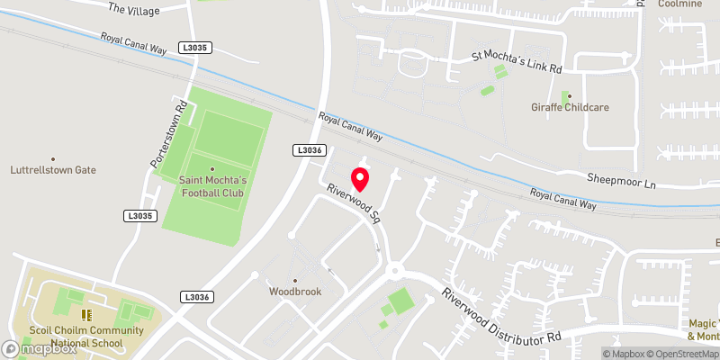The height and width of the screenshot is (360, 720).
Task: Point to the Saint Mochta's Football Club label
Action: (212, 185)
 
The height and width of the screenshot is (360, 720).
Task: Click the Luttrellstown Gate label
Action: (52, 170)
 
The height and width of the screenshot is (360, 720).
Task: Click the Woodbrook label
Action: (294, 292)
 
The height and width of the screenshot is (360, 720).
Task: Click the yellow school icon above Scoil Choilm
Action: (87, 314)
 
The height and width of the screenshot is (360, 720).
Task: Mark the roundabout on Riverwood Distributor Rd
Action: (394, 269)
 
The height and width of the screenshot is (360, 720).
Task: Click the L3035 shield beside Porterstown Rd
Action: (139, 216)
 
